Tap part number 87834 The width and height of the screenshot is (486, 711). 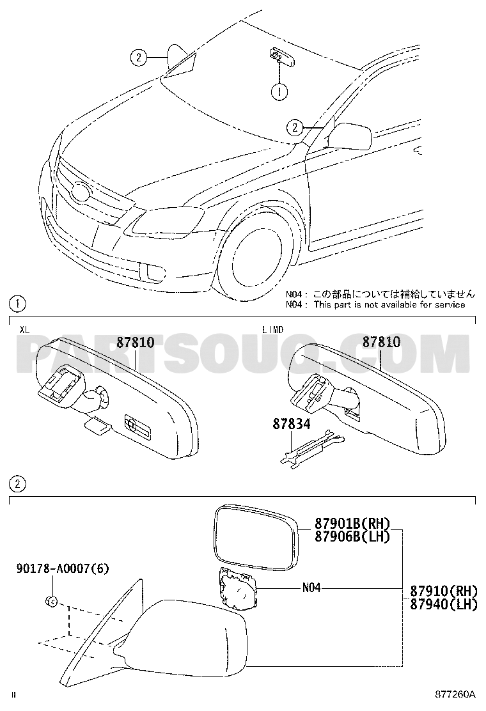[292, 424]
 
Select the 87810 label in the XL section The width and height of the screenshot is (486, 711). [135, 342]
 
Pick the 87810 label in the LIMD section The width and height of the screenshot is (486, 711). [381, 341]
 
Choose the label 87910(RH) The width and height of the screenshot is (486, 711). [444, 591]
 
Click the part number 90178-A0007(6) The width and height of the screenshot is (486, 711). [63, 568]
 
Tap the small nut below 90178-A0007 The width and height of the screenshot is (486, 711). [51, 602]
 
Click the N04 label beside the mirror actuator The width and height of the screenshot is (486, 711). [311, 588]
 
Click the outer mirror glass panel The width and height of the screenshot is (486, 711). [256, 538]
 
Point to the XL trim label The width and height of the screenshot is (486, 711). [24, 330]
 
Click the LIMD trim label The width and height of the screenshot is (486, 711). [273, 330]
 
